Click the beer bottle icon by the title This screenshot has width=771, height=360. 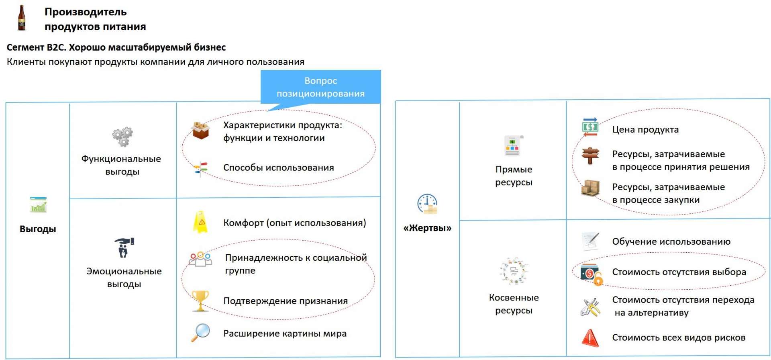tap(22, 18)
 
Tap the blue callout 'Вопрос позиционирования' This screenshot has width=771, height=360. tap(321, 87)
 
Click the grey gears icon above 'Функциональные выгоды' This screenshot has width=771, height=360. tap(122, 137)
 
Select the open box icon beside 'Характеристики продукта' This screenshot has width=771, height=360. tap(201, 130)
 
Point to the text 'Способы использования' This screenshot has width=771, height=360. tap(279, 168)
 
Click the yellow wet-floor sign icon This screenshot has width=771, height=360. tap(200, 222)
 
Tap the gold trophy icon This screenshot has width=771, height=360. tap(200, 301)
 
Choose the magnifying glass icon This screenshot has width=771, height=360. tap(200, 333)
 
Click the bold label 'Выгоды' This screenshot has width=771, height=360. tap(38, 229)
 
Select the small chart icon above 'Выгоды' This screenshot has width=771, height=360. tap(38, 205)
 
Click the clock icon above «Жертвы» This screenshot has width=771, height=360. tap(427, 204)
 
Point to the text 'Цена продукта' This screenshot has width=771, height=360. tap(645, 129)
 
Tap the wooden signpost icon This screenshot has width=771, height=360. tap(590, 155)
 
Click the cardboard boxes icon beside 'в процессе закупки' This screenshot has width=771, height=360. tap(590, 188)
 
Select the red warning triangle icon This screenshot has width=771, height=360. tap(590, 337)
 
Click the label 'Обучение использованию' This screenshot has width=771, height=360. tap(671, 241)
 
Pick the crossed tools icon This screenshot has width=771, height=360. tap(590, 307)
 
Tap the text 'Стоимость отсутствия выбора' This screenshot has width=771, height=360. tap(679, 272)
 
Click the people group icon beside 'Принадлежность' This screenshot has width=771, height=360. tap(200, 259)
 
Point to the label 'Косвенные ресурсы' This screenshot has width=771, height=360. tap(514, 304)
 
